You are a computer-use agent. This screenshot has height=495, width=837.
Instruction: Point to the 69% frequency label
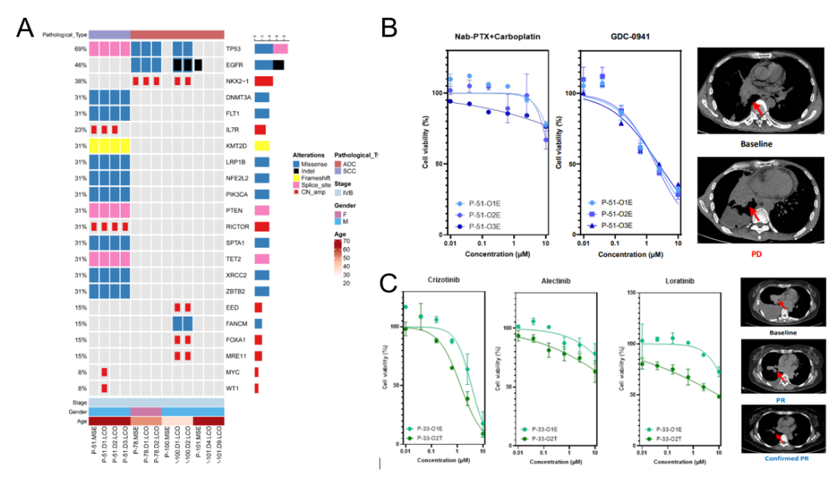click(x=79, y=48)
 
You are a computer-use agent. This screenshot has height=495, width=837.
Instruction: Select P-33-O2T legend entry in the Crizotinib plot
click(x=432, y=438)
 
